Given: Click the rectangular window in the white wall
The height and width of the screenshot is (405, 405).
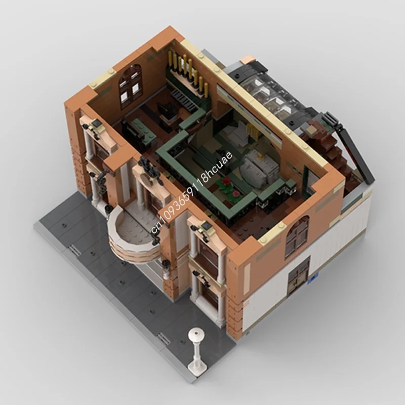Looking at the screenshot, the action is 299,276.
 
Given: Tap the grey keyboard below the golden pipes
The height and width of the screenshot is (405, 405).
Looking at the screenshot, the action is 183,97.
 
